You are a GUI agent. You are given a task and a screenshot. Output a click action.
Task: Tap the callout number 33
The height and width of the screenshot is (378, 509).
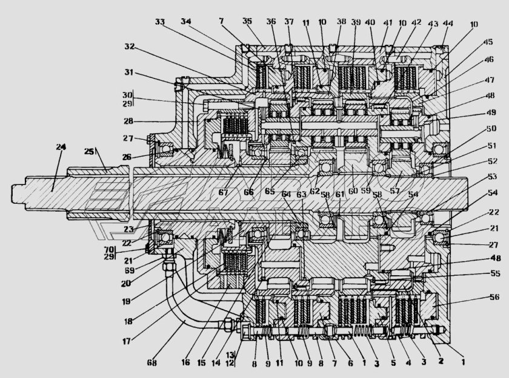tap(160, 21)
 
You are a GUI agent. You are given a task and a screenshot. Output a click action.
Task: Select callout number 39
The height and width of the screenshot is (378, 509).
tap(356, 22)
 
